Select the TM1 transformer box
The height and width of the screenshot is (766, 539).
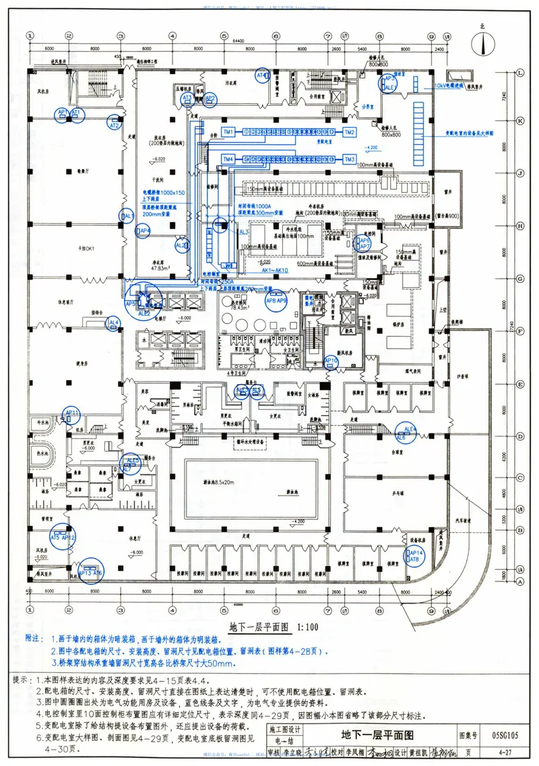(228, 131)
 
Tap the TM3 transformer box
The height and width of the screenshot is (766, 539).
(349, 159)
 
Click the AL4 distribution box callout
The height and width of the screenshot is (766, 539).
(114, 323)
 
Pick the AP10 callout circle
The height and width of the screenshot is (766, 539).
(331, 362)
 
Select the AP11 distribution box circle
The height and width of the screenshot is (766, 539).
(71, 413)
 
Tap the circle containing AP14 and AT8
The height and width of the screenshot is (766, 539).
(414, 556)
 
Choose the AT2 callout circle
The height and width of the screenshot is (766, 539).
(114, 125)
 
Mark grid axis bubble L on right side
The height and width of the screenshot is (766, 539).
(520, 72)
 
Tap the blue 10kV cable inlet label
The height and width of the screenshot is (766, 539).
(449, 87)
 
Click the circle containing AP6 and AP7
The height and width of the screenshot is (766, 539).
(364, 243)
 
